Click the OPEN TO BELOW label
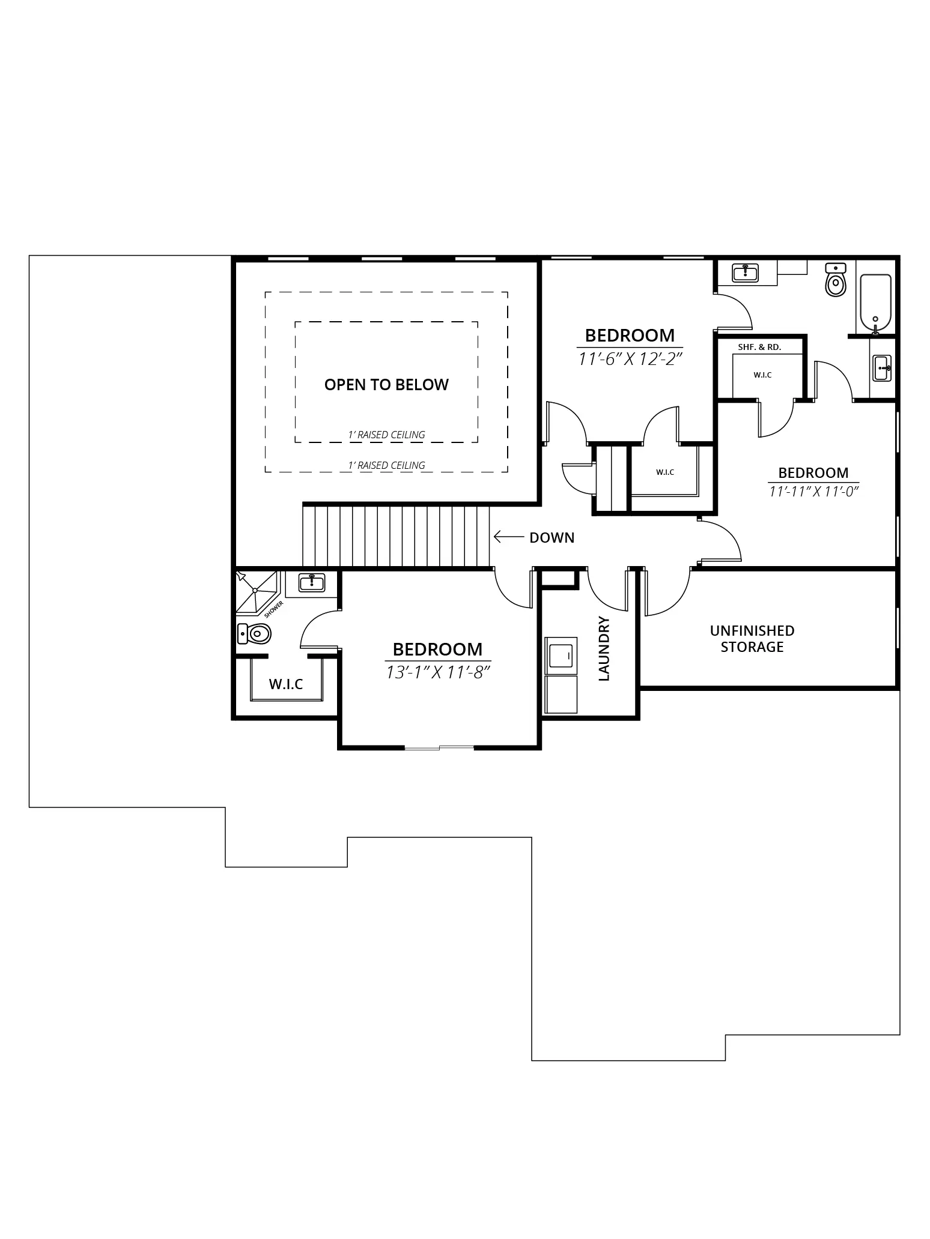(386, 385)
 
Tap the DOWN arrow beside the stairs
(508, 537)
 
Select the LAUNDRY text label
(604, 648)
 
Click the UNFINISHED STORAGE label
(752, 639)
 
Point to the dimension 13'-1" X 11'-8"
(438, 672)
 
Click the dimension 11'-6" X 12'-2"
(630, 359)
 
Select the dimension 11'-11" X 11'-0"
(813, 491)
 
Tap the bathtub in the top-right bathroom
(875, 304)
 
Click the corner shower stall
(257, 593)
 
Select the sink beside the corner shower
(312, 582)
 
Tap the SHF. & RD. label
(759, 347)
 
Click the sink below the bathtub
(882, 367)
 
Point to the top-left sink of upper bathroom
(745, 273)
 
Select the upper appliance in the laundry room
(561, 655)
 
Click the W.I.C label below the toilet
(285, 684)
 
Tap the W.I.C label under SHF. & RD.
(762, 375)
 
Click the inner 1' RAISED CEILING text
(386, 435)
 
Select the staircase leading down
(397, 536)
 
